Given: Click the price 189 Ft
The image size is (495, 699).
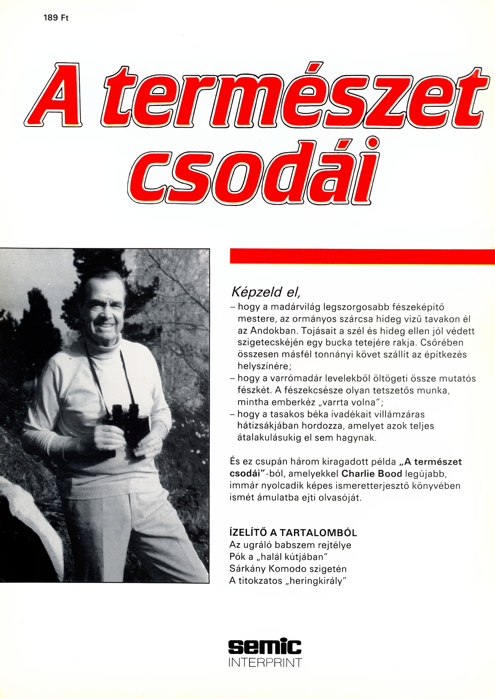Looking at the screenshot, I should tap(56, 18).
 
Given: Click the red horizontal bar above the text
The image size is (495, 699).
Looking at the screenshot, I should tap(362, 256).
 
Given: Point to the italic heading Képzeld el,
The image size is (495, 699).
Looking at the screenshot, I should tap(266, 292).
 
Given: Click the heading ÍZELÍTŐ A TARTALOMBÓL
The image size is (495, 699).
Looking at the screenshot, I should tap(293, 533).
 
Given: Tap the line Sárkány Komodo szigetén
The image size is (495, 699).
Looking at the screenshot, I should tap(288, 569).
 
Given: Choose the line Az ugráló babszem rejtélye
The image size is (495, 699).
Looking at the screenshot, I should tap(290, 545).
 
